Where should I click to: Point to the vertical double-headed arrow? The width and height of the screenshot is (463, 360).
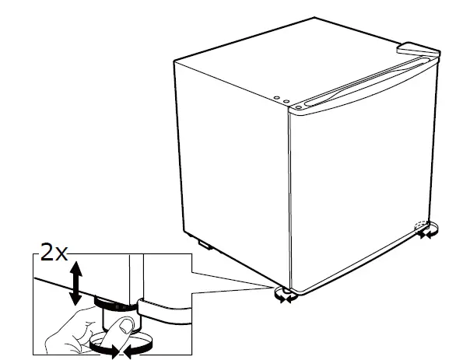click(75, 283)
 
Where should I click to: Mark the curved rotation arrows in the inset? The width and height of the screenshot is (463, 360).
click(115, 351)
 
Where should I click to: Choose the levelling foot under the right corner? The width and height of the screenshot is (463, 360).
click(426, 228)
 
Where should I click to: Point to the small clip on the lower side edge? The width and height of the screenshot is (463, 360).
click(205, 246)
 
